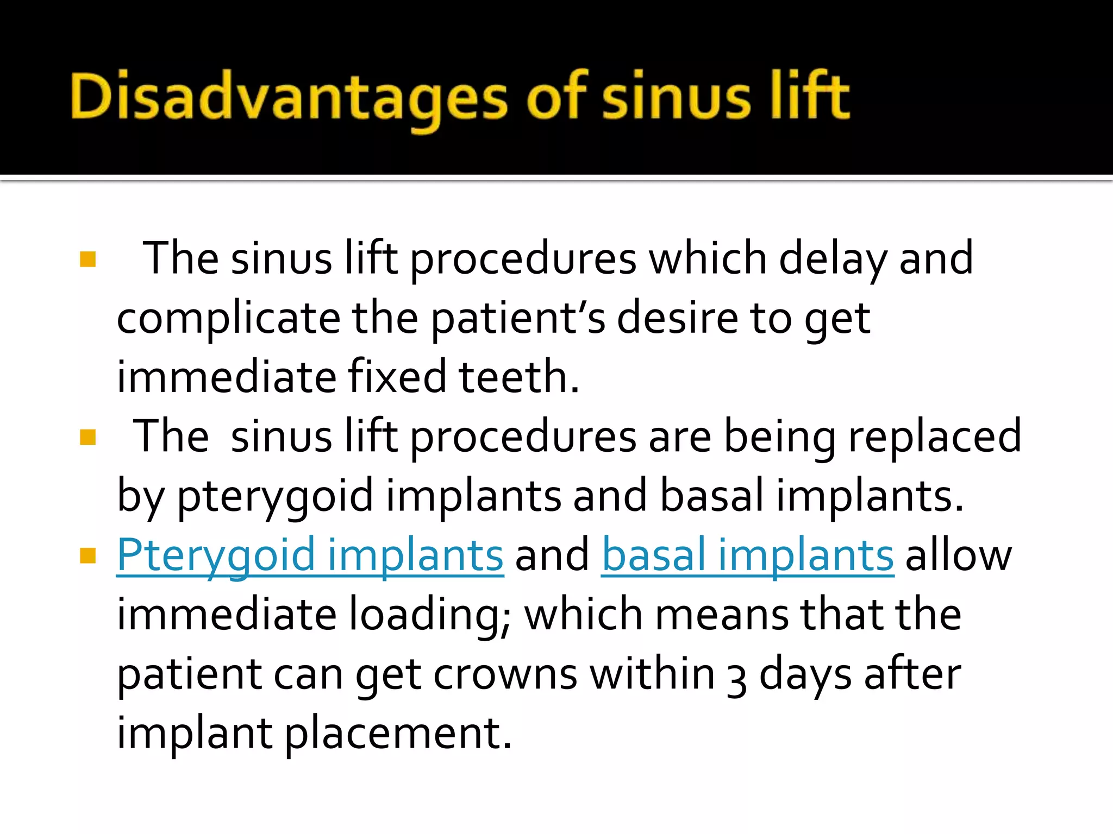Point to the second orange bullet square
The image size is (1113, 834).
point(87,437)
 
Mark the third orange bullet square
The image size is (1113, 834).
point(87,555)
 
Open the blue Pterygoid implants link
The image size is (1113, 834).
point(310,555)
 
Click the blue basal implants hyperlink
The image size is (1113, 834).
point(747,555)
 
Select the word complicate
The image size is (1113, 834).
point(228,319)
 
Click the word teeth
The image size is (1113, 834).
point(519,377)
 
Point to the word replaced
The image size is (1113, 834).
point(935,437)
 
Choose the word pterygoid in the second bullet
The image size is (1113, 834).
point(275,496)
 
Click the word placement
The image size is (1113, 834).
point(398,734)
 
